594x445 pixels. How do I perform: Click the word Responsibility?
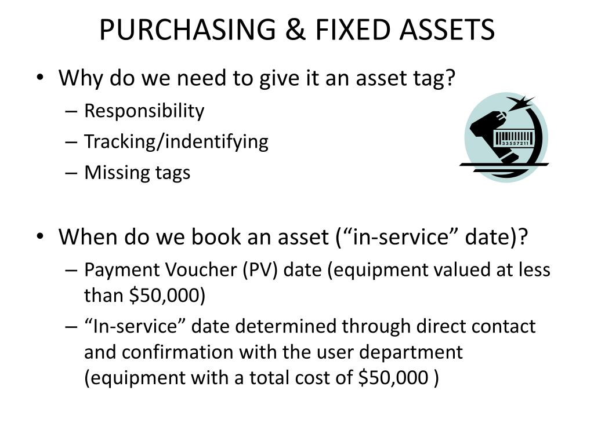144,111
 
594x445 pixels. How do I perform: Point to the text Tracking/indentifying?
176,141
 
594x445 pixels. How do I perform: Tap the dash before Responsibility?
74,111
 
